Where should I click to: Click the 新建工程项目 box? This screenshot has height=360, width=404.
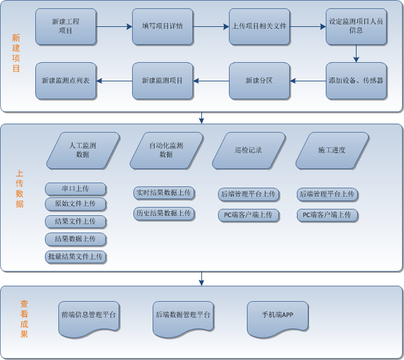coord(66,26)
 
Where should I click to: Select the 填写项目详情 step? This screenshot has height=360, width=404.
coord(162,26)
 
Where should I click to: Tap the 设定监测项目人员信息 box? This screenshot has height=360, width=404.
coord(356,26)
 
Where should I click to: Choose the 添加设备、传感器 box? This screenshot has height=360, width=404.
coord(356,81)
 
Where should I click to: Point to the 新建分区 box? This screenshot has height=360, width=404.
coord(259,81)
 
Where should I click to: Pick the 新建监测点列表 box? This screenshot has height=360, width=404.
coord(65,81)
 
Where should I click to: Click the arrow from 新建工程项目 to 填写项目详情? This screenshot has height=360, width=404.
coord(114,27)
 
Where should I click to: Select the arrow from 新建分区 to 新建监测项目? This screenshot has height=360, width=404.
coord(211,81)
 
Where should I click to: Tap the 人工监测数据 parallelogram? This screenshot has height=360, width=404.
coord(83,151)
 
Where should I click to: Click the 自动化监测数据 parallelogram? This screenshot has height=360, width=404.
coord(166,151)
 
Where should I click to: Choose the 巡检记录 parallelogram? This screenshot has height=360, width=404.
coord(249,151)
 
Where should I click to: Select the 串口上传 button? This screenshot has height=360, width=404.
coord(76,189)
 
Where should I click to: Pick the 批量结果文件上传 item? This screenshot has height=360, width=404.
coord(76,257)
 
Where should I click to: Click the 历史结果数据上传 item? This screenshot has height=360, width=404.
coord(164,213)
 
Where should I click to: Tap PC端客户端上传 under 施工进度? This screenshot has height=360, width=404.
coord(327,215)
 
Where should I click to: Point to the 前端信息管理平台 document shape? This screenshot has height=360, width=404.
coord(89,317)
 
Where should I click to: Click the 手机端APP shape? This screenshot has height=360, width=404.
coord(278,317)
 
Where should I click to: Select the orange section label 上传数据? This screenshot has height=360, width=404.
coord(20,189)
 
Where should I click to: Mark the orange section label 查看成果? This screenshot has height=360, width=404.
coord(24,319)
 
